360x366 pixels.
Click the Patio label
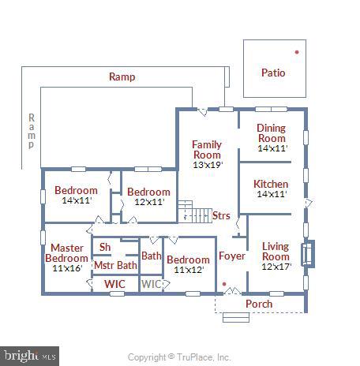click(273, 73)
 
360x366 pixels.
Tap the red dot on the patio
click(297, 52)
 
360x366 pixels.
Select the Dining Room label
click(272, 133)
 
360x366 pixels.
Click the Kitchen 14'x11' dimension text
click(271, 194)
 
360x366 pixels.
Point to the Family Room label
click(207, 149)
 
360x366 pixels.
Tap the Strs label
click(221, 215)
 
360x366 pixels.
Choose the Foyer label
click(232, 256)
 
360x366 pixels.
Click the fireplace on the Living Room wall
click(309, 254)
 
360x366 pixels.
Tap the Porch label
click(259, 304)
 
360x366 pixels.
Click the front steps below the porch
click(235, 317)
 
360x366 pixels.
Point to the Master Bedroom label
click(66, 252)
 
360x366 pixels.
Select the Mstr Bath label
click(115, 265)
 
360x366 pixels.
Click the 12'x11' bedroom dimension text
click(148, 202)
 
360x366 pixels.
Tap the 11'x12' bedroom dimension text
click(188, 270)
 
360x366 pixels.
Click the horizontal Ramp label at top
click(122, 77)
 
